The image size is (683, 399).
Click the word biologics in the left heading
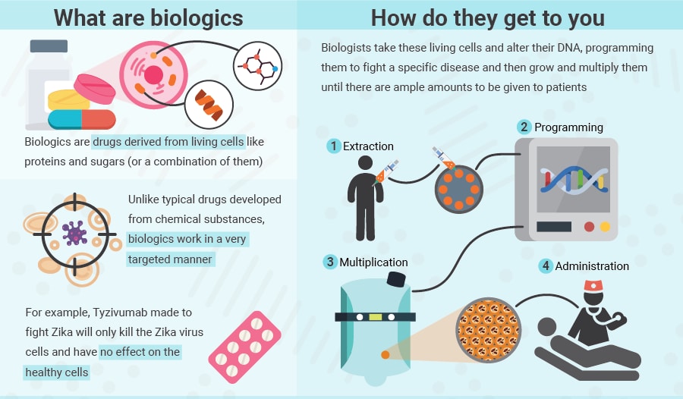click(x=197, y=18)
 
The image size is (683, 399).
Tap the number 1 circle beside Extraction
click(x=334, y=146)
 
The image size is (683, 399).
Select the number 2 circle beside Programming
click(x=524, y=127)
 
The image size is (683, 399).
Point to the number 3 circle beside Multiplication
click(x=330, y=262)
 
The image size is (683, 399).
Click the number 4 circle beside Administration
click(x=546, y=265)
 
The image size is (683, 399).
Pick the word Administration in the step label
click(x=592, y=266)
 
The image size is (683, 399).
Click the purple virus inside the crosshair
click(x=74, y=233)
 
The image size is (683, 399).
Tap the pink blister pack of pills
click(x=245, y=347)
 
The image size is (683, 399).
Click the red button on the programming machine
click(x=590, y=227)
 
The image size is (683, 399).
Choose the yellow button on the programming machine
click(x=605, y=227)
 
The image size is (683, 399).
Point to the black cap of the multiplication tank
click(x=396, y=279)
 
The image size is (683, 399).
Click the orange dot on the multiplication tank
click(x=385, y=354)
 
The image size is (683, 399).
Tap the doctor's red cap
click(x=593, y=286)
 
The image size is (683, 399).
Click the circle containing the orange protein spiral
click(x=209, y=105)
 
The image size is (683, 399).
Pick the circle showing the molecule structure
click(x=257, y=66)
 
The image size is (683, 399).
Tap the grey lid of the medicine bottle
click(x=49, y=46)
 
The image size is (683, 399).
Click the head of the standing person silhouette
click(x=365, y=163)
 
